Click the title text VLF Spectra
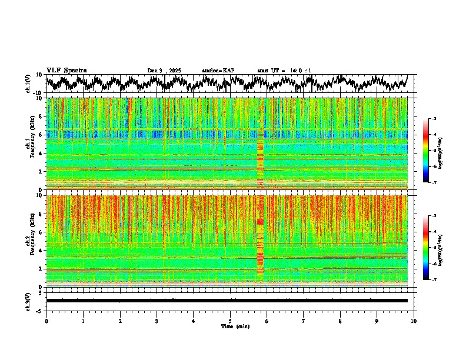coord(66,70)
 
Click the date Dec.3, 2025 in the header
coord(164,71)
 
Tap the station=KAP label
coord(218,71)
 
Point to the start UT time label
coord(284,71)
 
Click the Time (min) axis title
coord(235,326)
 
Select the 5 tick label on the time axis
coord(230,321)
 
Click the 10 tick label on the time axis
coord(414,321)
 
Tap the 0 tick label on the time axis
coord(46,321)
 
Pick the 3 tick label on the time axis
coord(157,321)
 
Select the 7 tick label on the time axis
coord(304,321)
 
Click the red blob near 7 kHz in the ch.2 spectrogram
coord(260,222)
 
